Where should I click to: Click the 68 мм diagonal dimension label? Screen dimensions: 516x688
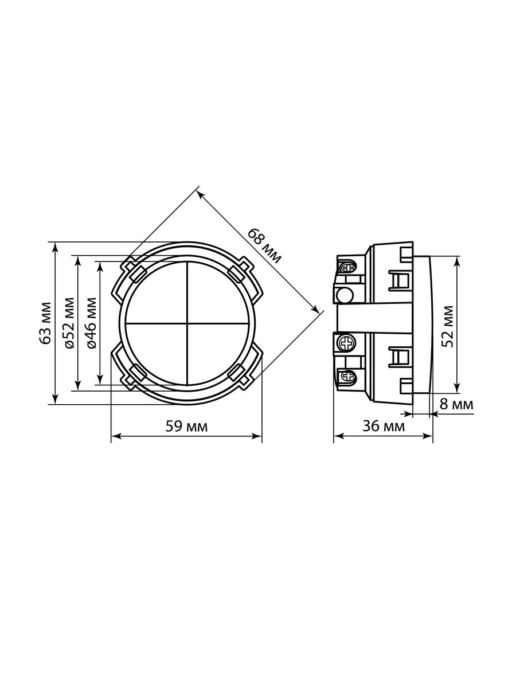265,246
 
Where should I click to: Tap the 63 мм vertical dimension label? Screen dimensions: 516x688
46,323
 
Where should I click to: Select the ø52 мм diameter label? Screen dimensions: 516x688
69,323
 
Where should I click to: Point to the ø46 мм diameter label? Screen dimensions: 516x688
91,323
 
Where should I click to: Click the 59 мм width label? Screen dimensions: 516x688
186,427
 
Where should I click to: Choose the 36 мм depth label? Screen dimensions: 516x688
384,427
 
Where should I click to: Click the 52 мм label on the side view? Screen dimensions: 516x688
447,326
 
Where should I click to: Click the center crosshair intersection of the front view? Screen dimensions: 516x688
187,323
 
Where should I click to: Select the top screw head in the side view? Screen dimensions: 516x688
348,268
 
